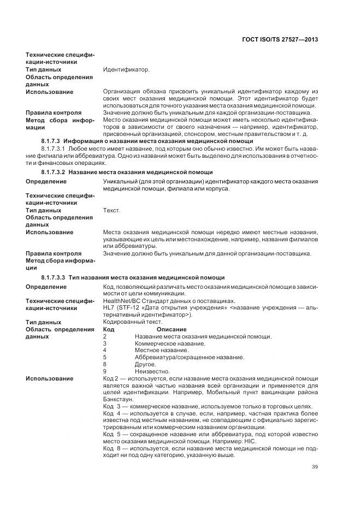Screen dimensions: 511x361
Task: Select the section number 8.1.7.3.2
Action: pyautogui.click(x=54, y=172)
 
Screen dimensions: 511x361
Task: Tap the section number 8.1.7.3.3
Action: pyautogui.click(x=54, y=277)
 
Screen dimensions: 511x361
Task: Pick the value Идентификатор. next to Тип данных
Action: pyautogui.click(x=126, y=70)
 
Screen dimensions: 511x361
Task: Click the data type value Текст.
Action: pyautogui.click(x=112, y=210)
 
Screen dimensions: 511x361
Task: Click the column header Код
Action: pyautogui.click(x=108, y=329)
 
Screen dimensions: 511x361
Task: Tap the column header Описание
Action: pyautogui.click(x=171, y=329)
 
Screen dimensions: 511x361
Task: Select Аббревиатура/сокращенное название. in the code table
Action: pyautogui.click(x=189, y=357)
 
